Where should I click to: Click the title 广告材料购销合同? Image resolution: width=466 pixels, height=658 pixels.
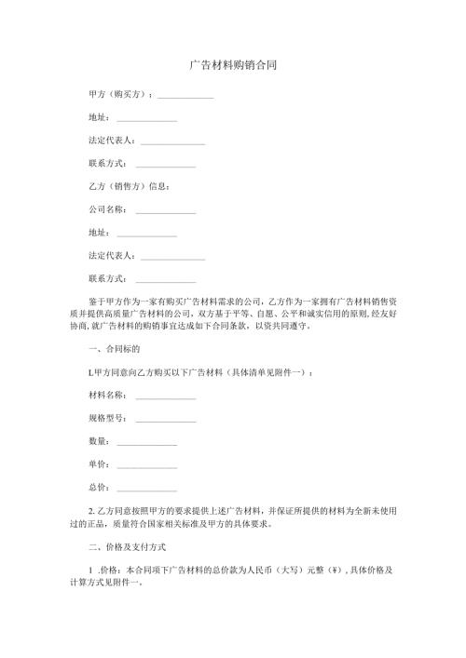point(232,66)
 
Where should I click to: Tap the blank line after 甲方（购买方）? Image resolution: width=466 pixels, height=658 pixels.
point(185,97)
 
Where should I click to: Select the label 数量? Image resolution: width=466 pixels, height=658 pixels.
point(98,440)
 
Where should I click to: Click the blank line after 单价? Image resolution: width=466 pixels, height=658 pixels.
point(146,464)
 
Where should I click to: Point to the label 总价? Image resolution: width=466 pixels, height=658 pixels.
point(98,486)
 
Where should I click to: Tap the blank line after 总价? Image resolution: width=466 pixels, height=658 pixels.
point(146,488)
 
